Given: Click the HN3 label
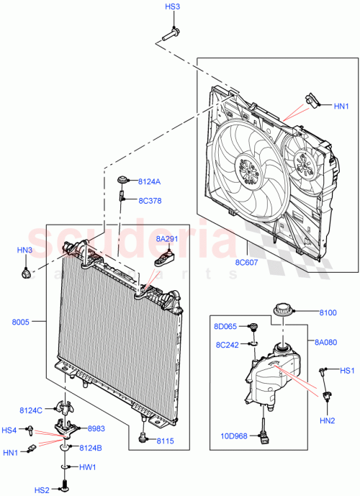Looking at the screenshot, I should [x=26, y=250].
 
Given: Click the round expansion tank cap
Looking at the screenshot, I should [x=281, y=311].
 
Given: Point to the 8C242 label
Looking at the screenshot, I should [x=227, y=344].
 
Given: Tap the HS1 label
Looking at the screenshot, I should [x=348, y=371].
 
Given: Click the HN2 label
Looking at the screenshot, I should [x=328, y=421].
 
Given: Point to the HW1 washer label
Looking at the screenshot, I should [x=88, y=466].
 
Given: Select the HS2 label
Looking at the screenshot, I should [x=42, y=490].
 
